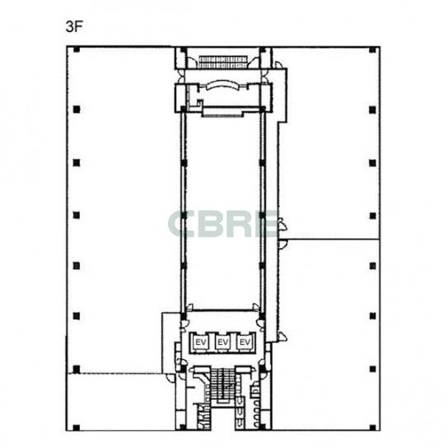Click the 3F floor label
74,27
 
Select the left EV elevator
201,342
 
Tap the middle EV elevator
223,342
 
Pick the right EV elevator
245,342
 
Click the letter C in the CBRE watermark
181,224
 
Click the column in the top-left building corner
77,49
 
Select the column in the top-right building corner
372,50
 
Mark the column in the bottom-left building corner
77,427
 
